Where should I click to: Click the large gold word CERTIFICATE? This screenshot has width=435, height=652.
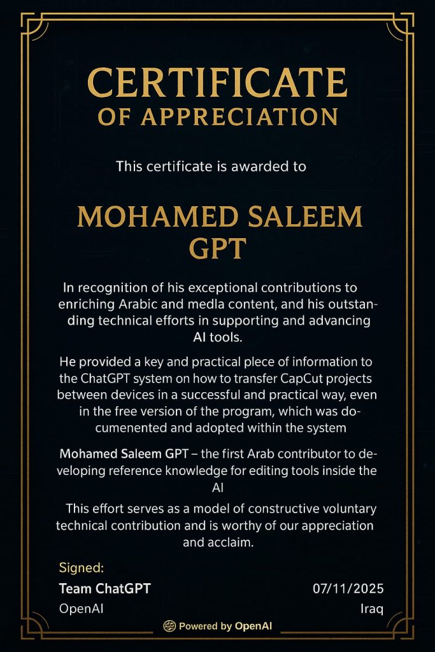coord(217,83)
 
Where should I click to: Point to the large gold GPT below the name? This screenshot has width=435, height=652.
coord(217,249)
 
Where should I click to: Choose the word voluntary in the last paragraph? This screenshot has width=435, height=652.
coord(345,509)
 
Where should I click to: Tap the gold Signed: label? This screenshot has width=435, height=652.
coord(81,567)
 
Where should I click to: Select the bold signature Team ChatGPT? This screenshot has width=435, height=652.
coord(104,588)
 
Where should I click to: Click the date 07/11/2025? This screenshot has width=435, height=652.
coord(348,588)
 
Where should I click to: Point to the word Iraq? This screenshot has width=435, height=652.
coord(371,609)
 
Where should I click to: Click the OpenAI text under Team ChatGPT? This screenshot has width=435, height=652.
coord(81,609)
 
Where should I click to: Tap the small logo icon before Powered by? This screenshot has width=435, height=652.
coord(169,626)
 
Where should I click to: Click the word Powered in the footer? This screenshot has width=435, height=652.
coord(198,626)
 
